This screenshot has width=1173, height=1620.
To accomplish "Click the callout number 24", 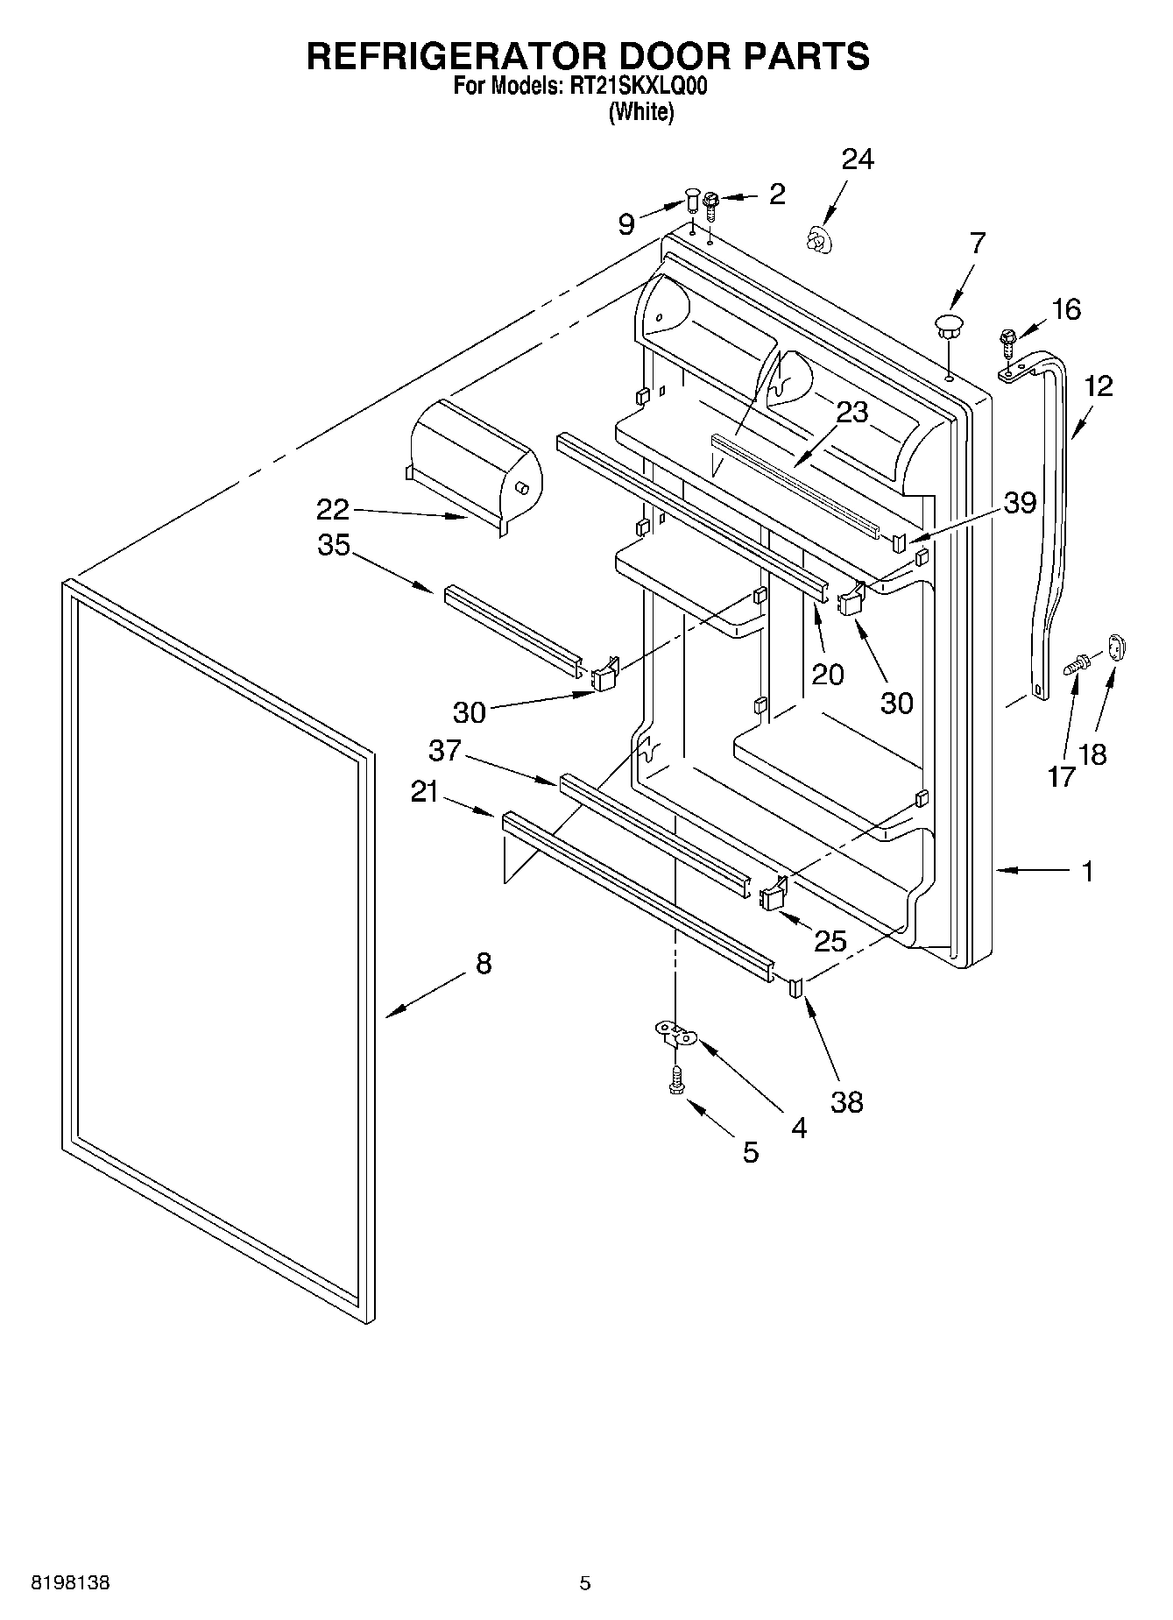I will [858, 159].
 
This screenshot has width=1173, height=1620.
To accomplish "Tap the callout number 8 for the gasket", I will [484, 965].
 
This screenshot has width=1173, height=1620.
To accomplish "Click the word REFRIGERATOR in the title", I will [455, 55].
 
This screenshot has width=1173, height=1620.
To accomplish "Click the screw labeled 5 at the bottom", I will [675, 1080].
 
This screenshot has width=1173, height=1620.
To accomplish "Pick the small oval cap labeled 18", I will [1116, 647].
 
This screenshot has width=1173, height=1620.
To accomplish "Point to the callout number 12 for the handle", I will [1099, 386].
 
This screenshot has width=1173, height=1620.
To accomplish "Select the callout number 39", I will [1020, 503].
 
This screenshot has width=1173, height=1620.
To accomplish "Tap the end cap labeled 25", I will [773, 895].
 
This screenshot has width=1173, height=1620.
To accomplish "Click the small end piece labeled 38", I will [796, 987].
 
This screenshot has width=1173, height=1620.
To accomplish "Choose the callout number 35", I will [334, 545].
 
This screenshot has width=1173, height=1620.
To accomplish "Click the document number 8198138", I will [71, 1583].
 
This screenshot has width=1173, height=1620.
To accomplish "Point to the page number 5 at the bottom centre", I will [585, 1583].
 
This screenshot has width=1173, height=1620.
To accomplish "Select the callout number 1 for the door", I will [1087, 872].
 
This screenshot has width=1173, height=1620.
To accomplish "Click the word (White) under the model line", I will [641, 111].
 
